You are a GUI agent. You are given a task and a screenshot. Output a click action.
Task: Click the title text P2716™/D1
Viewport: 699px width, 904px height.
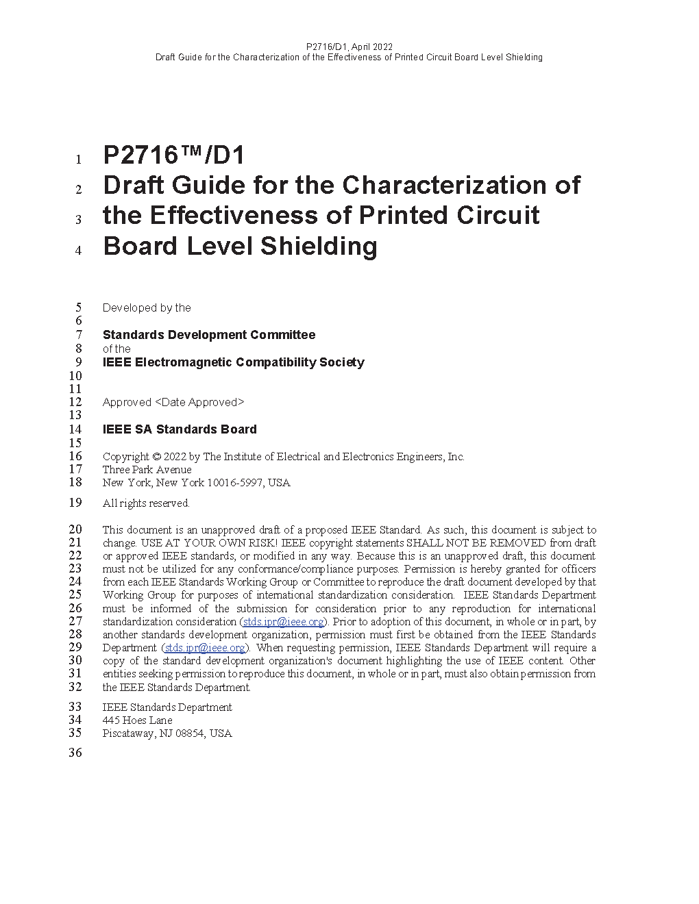coord(173,156)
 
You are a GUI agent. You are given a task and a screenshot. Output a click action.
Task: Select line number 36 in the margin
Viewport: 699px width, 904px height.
coord(75,753)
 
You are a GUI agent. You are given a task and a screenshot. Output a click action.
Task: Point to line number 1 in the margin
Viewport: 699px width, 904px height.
coord(79,160)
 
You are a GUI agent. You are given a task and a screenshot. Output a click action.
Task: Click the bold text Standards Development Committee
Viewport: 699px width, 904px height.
coord(209,335)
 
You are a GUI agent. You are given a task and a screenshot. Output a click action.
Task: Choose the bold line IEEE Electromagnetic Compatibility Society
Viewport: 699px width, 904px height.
coord(233,362)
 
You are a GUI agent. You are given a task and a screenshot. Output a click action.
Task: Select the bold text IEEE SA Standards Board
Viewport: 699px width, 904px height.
coord(180,429)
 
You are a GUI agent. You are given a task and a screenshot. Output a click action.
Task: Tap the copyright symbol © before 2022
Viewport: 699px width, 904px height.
coord(156,457)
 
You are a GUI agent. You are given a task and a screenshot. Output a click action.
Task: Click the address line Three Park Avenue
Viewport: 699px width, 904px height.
coord(147,470)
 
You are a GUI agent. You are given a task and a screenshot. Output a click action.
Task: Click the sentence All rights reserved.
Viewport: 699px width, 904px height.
coord(146,503)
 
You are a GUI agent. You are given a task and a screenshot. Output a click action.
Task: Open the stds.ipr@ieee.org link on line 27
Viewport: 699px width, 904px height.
coord(283,622)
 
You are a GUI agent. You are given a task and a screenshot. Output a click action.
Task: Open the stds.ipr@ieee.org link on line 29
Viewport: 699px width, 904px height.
coord(205,648)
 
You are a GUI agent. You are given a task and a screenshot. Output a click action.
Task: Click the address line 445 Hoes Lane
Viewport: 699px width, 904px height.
coord(137,720)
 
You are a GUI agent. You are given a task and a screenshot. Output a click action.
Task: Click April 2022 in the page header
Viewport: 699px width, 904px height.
coord(373,47)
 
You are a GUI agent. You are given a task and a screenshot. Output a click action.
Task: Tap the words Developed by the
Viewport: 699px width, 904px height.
coord(147,308)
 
